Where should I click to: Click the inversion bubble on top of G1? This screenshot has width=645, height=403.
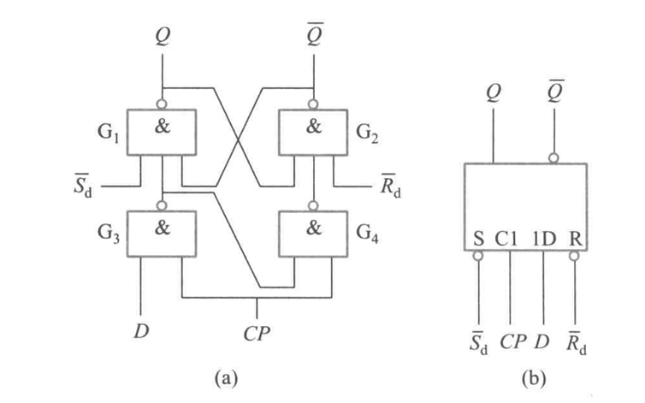pyautogui.click(x=162, y=104)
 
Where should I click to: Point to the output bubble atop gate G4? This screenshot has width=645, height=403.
pyautogui.click(x=313, y=206)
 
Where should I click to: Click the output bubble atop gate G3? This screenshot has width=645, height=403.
pyautogui.click(x=162, y=206)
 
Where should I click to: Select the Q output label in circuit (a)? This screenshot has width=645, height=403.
pyautogui.click(x=163, y=36)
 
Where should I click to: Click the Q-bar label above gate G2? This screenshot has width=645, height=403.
pyautogui.click(x=315, y=33)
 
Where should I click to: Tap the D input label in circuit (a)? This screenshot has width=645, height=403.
pyautogui.click(x=141, y=331)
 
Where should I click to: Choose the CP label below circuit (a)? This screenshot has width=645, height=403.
pyautogui.click(x=257, y=333)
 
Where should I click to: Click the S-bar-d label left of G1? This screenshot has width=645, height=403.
pyautogui.click(x=83, y=186)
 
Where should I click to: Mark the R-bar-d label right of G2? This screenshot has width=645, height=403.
pyautogui.click(x=390, y=186)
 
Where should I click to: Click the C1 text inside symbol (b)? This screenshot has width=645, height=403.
pyautogui.click(x=506, y=239)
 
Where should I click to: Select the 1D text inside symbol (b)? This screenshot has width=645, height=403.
pyautogui.click(x=544, y=239)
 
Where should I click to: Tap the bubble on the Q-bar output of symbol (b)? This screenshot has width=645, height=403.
pyautogui.click(x=553, y=158)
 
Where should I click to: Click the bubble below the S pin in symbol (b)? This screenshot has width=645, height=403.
pyautogui.click(x=478, y=256)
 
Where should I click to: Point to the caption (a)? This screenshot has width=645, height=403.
pyautogui.click(x=226, y=377)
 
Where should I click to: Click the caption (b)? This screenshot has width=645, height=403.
pyautogui.click(x=534, y=377)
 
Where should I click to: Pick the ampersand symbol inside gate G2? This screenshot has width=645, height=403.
pyautogui.click(x=313, y=126)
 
